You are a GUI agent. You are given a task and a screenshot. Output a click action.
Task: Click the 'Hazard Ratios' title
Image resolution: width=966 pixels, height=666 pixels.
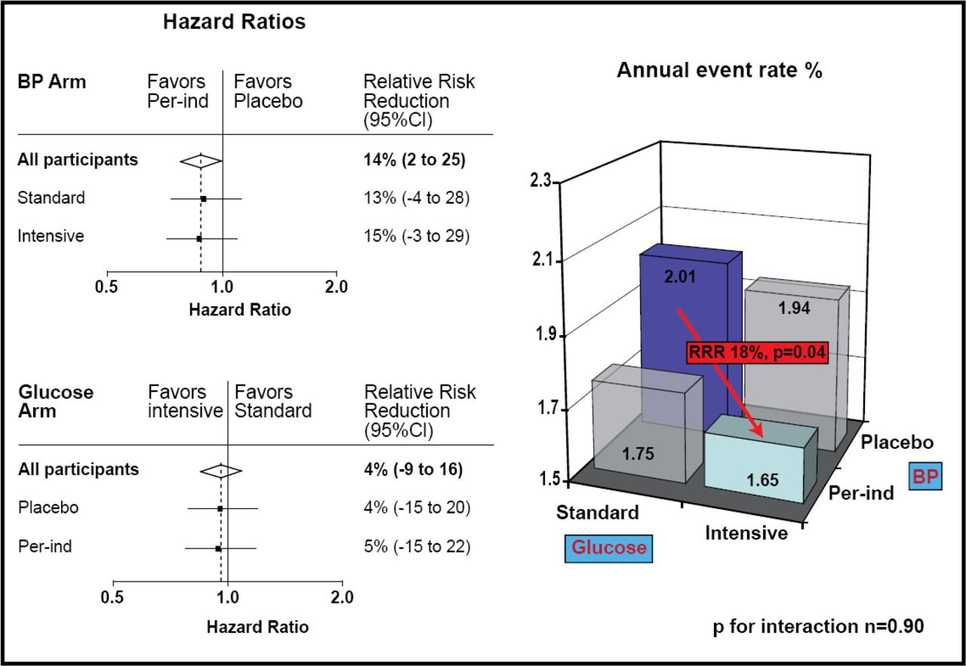[x=235, y=22]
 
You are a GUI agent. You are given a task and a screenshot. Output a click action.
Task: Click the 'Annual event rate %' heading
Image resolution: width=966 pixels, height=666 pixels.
[x=719, y=71]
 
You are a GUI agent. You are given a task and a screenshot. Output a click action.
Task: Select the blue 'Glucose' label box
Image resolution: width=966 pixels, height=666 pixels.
[x=609, y=547]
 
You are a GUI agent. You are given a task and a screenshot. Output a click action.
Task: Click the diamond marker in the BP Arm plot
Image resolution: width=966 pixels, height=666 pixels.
[x=201, y=160]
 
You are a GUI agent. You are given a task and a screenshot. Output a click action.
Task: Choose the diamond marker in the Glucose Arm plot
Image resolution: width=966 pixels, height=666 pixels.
[x=220, y=471]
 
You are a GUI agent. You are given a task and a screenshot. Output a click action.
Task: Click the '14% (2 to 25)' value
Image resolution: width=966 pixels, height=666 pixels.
[x=414, y=160]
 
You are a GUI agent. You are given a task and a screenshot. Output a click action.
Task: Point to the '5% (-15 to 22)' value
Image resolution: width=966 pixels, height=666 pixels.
[x=417, y=546]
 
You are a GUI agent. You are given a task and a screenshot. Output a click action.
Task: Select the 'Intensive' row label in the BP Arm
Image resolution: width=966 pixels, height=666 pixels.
[x=51, y=236]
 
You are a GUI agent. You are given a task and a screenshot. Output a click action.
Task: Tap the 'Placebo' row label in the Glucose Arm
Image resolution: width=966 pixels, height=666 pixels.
[x=48, y=508]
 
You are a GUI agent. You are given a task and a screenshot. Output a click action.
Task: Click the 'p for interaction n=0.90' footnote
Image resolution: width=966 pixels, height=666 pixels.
[x=817, y=626]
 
